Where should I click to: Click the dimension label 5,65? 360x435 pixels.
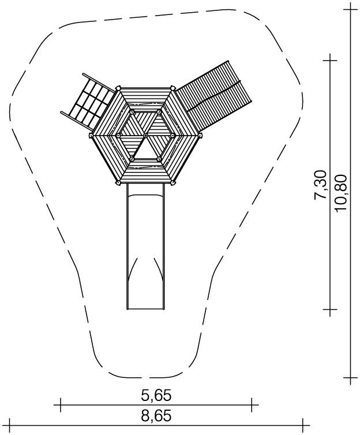156,395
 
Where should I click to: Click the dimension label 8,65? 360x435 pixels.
156,417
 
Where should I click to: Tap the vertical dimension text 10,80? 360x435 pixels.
340,193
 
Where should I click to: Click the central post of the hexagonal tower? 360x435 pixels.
145,135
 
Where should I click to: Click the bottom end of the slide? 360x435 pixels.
145,309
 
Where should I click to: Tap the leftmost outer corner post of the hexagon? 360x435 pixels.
91,136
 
